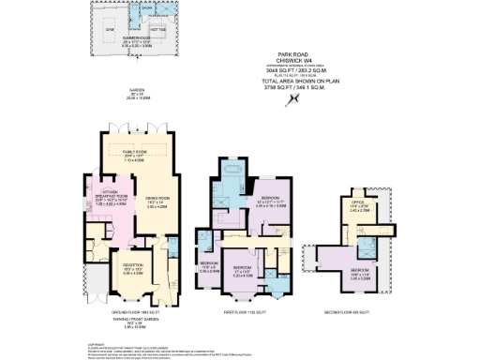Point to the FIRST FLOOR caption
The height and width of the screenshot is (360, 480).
(248, 306)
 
